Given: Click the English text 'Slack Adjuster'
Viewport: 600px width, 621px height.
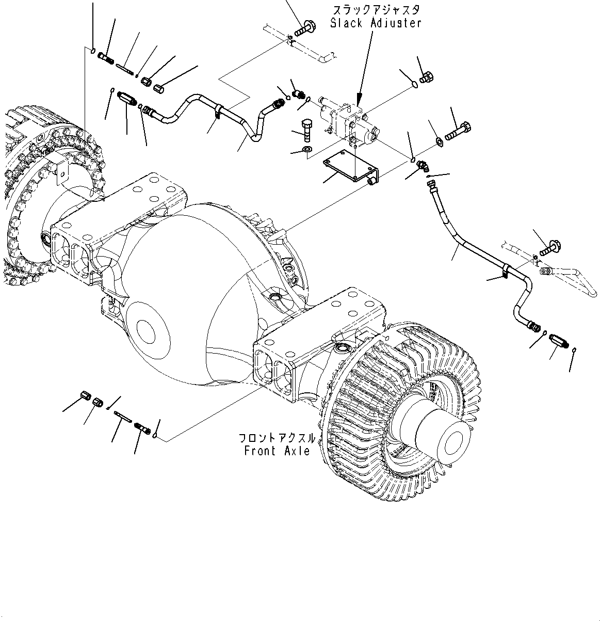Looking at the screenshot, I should pos(376,23).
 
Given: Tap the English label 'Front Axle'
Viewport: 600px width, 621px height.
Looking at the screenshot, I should pos(277,451).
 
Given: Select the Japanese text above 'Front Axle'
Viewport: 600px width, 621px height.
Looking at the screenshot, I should pos(277,438).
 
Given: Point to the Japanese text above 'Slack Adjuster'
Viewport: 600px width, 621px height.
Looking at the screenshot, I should pos(376,10).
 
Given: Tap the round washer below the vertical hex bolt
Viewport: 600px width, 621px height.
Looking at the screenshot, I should pos(307,150).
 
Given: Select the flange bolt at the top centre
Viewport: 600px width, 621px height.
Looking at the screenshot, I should pos(305,27).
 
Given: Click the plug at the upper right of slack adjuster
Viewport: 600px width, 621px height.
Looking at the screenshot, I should pos(427,78).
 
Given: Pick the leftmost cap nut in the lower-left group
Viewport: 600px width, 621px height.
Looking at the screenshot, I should pos(86,397).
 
